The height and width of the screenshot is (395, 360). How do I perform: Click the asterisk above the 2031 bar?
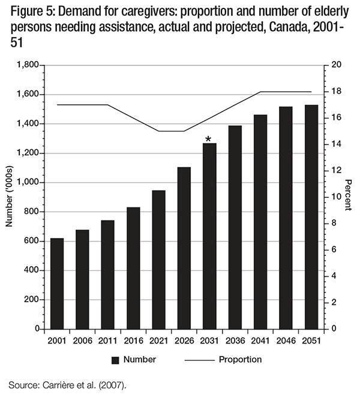pos(208,140)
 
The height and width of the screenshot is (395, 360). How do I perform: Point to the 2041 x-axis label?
pos(260,340)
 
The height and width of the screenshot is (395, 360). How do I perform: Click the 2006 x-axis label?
pos(82,340)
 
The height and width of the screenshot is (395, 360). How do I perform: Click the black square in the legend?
pos(115,360)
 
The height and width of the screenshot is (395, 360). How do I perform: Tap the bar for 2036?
pos(234,227)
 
